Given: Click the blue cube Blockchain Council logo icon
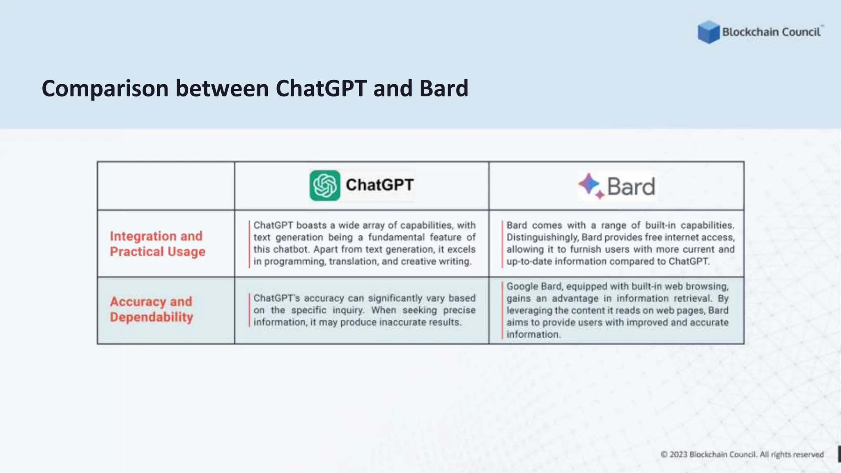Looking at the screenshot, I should coord(708,32).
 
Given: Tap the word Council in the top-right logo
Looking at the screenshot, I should coord(801,32).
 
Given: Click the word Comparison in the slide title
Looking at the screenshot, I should coord(105,89).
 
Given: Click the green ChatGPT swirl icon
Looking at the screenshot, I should coord(325,186).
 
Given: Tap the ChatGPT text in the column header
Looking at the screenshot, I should coord(379,185).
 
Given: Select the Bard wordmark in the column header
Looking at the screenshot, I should coord(631,187).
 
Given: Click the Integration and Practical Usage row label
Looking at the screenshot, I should coord(157,244).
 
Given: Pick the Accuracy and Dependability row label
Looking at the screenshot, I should coord(151,309).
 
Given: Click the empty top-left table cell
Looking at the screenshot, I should coord(166,186).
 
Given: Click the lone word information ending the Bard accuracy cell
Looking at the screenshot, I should coord(533,335).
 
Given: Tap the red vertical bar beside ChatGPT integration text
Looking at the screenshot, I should coord(249,244).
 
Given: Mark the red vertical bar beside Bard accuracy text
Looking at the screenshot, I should coord(502,310).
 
